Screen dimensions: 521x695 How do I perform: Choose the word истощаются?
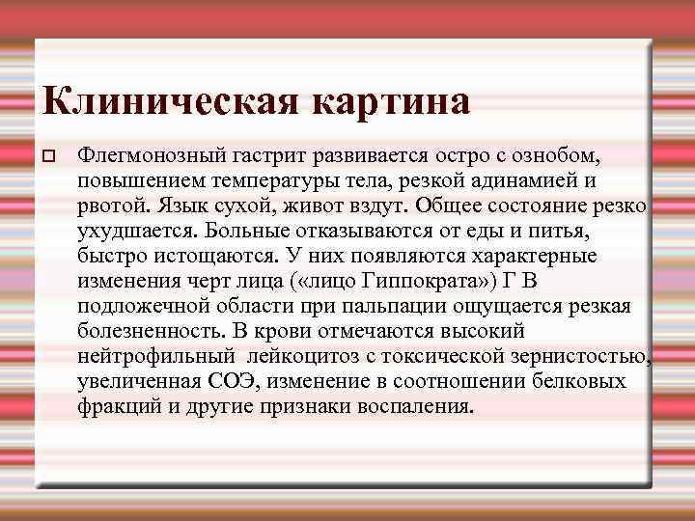point(205,257)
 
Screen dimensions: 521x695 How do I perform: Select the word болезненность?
point(149,332)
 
